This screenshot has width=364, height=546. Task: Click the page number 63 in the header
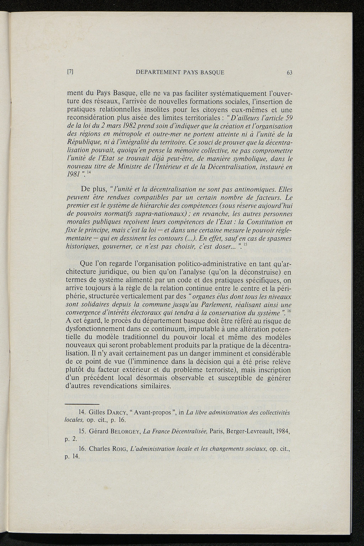(289, 73)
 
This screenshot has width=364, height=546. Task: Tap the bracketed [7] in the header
(70, 72)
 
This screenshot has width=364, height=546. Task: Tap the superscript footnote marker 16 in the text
(289, 311)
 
